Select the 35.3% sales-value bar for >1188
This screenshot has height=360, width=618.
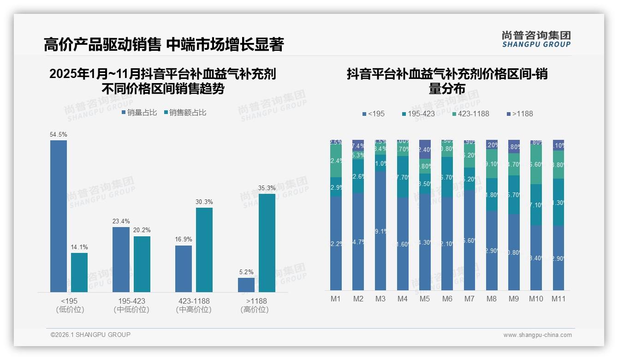coord(267,243)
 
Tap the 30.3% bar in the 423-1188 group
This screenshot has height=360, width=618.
coord(204,250)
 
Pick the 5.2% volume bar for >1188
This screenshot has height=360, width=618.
coord(246,285)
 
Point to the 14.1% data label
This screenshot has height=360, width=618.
coord(79,247)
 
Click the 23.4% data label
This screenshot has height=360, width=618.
coord(121,221)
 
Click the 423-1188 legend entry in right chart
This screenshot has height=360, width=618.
coord(470,114)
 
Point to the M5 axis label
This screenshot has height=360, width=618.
coord(425,299)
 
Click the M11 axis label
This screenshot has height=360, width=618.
coord(559,299)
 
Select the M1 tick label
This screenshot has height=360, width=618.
coord(336,299)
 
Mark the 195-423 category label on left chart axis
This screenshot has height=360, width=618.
coord(131,301)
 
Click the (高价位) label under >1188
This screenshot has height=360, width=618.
coord(255,310)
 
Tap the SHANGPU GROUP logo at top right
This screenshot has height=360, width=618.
coord(536,39)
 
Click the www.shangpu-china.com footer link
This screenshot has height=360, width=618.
coord(537,335)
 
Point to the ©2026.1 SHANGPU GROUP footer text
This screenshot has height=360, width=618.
coord(90,335)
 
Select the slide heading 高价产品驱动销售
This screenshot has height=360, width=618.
coord(102,45)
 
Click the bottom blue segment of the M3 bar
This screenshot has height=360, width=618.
coord(380,231)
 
